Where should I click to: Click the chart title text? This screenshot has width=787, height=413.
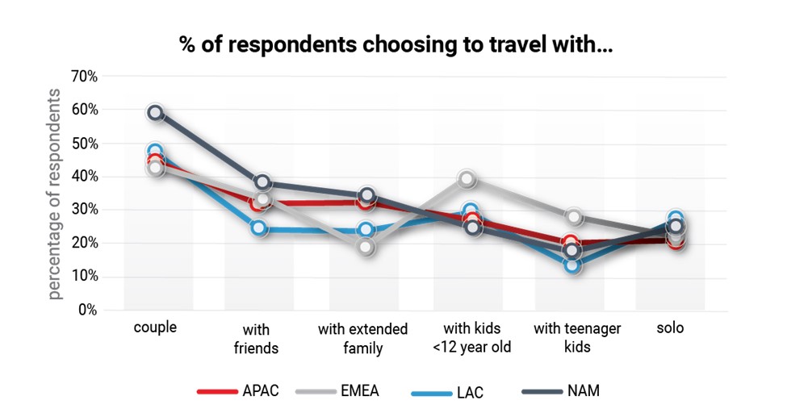click(396, 45)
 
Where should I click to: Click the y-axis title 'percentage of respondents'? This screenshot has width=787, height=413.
click(54, 194)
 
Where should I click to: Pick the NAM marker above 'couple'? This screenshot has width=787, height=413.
click(156, 113)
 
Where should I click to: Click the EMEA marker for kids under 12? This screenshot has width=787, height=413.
click(467, 179)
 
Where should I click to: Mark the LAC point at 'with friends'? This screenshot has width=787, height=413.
click(259, 227)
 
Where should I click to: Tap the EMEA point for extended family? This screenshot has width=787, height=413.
click(366, 247)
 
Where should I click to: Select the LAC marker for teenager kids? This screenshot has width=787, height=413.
click(572, 265)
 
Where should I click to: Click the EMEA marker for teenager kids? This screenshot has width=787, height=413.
click(573, 217)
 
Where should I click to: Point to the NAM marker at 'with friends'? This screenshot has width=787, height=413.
click(262, 183)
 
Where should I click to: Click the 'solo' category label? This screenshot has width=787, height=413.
click(670, 329)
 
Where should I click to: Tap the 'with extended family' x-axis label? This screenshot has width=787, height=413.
click(362, 339)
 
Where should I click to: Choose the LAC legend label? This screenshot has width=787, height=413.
click(450, 392)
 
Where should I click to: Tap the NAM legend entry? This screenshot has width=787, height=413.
click(561, 391)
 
